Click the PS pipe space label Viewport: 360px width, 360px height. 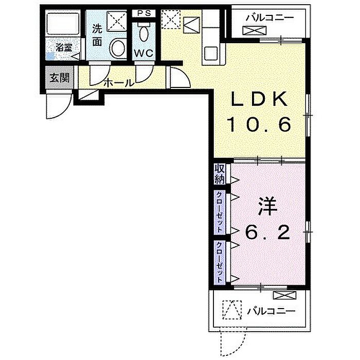tap(144, 13)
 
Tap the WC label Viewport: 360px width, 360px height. tap(143, 53)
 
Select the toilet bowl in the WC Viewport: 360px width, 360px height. tap(144, 33)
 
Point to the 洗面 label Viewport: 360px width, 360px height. tap(97, 35)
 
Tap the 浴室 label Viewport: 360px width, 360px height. tap(64, 47)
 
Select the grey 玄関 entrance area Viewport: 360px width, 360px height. tap(59, 78)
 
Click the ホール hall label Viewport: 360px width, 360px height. tap(119, 83)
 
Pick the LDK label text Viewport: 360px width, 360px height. tap(259, 99)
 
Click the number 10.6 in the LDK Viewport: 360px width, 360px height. tap(259, 124)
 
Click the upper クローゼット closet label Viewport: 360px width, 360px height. tap(220, 212)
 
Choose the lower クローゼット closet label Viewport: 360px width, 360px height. tap(220, 262)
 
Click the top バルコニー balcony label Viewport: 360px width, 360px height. tap(269, 18)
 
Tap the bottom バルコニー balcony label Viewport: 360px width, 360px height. tap(271, 311)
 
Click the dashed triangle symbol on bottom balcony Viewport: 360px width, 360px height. tap(232, 310)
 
